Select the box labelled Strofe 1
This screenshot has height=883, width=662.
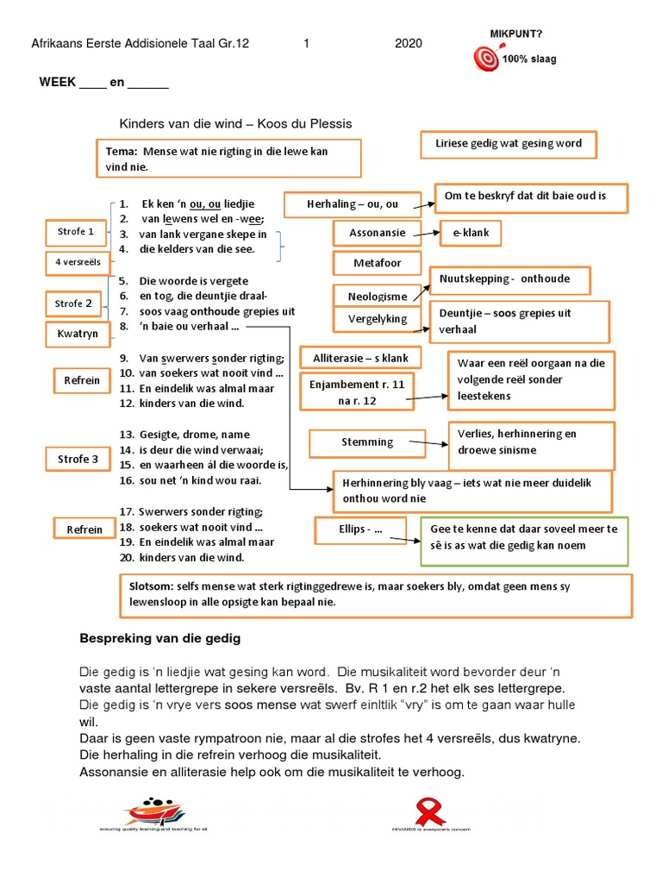pyautogui.click(x=76, y=231)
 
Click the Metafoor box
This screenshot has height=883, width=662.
pyautogui.click(x=376, y=262)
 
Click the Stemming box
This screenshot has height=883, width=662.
pyautogui.click(x=367, y=442)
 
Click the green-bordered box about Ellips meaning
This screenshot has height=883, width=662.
pyautogui.click(x=524, y=537)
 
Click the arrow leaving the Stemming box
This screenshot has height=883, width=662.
pyautogui.click(x=428, y=445)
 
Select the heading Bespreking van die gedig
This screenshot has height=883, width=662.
pyautogui.click(x=160, y=638)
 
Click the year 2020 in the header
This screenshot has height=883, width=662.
pyautogui.click(x=409, y=43)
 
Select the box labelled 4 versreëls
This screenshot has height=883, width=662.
pyautogui.click(x=76, y=262)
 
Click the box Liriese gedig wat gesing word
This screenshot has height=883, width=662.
pyautogui.click(x=509, y=143)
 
